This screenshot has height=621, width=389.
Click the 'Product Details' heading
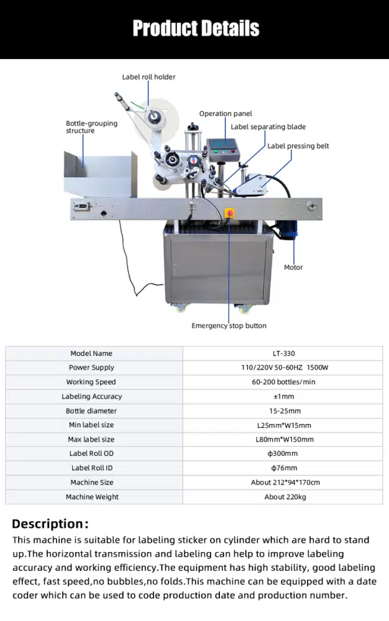(x=196, y=29)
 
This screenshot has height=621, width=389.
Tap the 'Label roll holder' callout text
(x=149, y=77)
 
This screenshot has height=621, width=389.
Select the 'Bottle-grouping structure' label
(x=91, y=127)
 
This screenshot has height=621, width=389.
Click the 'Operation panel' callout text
(x=226, y=114)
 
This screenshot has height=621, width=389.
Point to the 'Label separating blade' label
(x=268, y=127)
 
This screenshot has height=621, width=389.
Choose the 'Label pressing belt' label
(x=298, y=146)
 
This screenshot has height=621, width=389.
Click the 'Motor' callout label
(x=293, y=267)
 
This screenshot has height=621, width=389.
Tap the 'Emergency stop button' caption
(x=229, y=325)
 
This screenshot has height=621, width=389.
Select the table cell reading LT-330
(x=284, y=353)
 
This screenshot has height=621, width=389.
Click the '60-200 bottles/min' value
(x=283, y=382)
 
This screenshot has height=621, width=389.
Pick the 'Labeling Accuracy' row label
(x=91, y=396)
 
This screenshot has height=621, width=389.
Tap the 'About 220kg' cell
(x=285, y=497)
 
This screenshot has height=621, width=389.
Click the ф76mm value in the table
(x=284, y=468)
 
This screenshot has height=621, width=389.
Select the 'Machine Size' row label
(x=92, y=483)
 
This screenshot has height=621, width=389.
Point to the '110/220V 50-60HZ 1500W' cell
(x=285, y=368)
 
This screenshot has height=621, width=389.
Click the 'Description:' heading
(x=50, y=524)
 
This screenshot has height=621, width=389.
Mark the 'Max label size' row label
(x=91, y=439)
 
